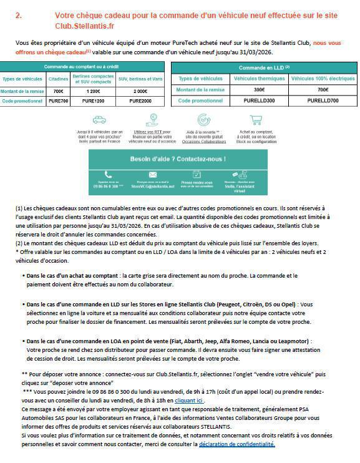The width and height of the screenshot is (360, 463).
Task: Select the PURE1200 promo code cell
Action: pos(91,100)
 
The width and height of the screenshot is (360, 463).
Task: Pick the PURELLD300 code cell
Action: pos(259,100)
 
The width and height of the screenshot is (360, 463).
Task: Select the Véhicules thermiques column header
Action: pos(259,79)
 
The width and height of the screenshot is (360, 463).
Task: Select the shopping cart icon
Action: pos(255,120)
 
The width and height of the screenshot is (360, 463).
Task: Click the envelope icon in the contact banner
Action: pos(153,175)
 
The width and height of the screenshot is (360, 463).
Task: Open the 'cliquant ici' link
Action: pos(188,399)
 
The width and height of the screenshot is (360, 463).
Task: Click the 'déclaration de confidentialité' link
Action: pos(237,444)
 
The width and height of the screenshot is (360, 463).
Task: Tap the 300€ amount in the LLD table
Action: pos(259,90)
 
